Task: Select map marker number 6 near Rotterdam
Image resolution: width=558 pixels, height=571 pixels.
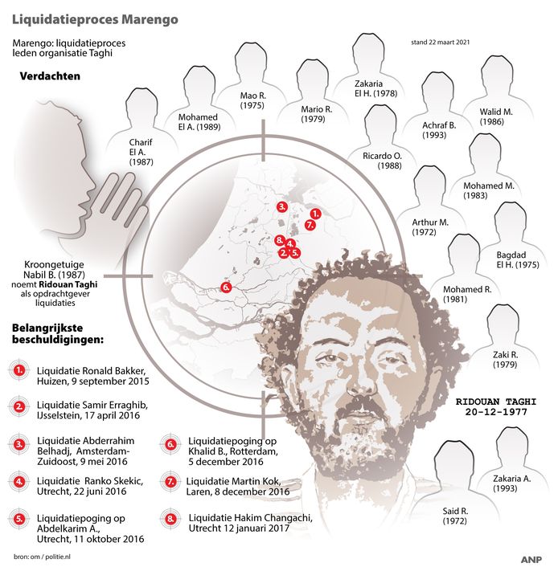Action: coord(226,287)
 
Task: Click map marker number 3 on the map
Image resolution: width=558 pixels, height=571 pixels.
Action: coord(282,206)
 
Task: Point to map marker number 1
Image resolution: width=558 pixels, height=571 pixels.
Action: coord(315,214)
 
